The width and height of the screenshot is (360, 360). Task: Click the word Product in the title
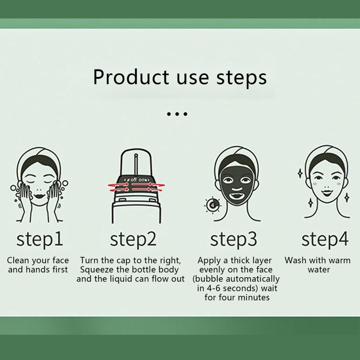point(131,77)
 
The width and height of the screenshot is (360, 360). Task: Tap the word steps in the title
point(242,78)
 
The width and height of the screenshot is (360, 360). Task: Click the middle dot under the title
point(177,114)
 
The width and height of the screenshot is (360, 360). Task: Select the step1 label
point(40,240)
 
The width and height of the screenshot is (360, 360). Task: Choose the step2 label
point(133,240)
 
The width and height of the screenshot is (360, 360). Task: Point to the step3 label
point(234,240)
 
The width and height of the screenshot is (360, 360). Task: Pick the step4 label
point(325,240)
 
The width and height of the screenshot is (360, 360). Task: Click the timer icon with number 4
point(213,205)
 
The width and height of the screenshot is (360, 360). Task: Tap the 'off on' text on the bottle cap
point(137,180)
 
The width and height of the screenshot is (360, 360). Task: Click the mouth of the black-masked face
point(237,196)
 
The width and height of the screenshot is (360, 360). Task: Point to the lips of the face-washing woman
point(39,196)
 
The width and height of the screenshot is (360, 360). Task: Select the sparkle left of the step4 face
point(300,173)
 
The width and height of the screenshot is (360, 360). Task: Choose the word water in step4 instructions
point(319,270)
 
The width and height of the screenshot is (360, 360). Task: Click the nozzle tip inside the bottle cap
point(136,156)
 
